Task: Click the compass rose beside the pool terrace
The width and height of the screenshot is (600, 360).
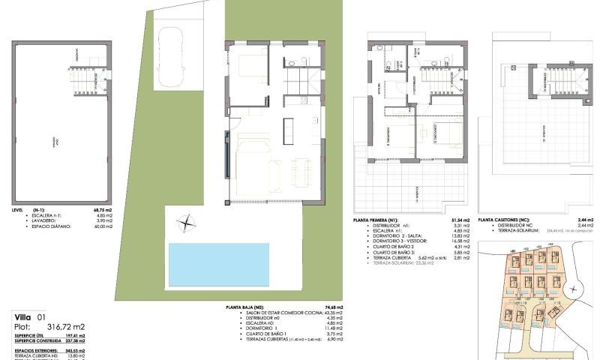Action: click(x=185, y=223)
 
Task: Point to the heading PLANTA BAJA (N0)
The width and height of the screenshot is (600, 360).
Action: click(x=246, y=307)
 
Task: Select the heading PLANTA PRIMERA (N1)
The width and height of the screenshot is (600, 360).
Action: click(x=379, y=220)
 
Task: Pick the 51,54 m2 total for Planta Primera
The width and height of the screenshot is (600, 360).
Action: click(x=460, y=220)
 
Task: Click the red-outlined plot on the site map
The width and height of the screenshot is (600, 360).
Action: click(x=516, y=261)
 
